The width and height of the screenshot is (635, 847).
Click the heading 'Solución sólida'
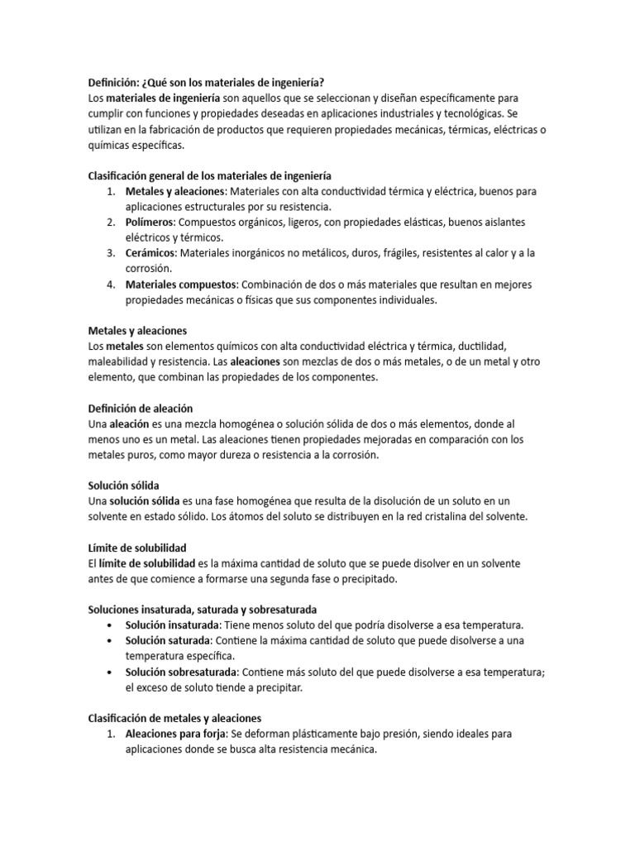[x=123, y=485]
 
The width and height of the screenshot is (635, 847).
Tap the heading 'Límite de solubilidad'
[x=137, y=548]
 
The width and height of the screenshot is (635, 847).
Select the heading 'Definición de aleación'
[x=140, y=408]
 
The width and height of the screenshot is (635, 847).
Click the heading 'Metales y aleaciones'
[x=137, y=330]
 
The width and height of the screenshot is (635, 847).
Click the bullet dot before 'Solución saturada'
[x=112, y=641]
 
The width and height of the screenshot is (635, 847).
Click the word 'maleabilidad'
[x=120, y=361]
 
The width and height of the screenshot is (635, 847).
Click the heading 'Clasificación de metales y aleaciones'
[x=174, y=718]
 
